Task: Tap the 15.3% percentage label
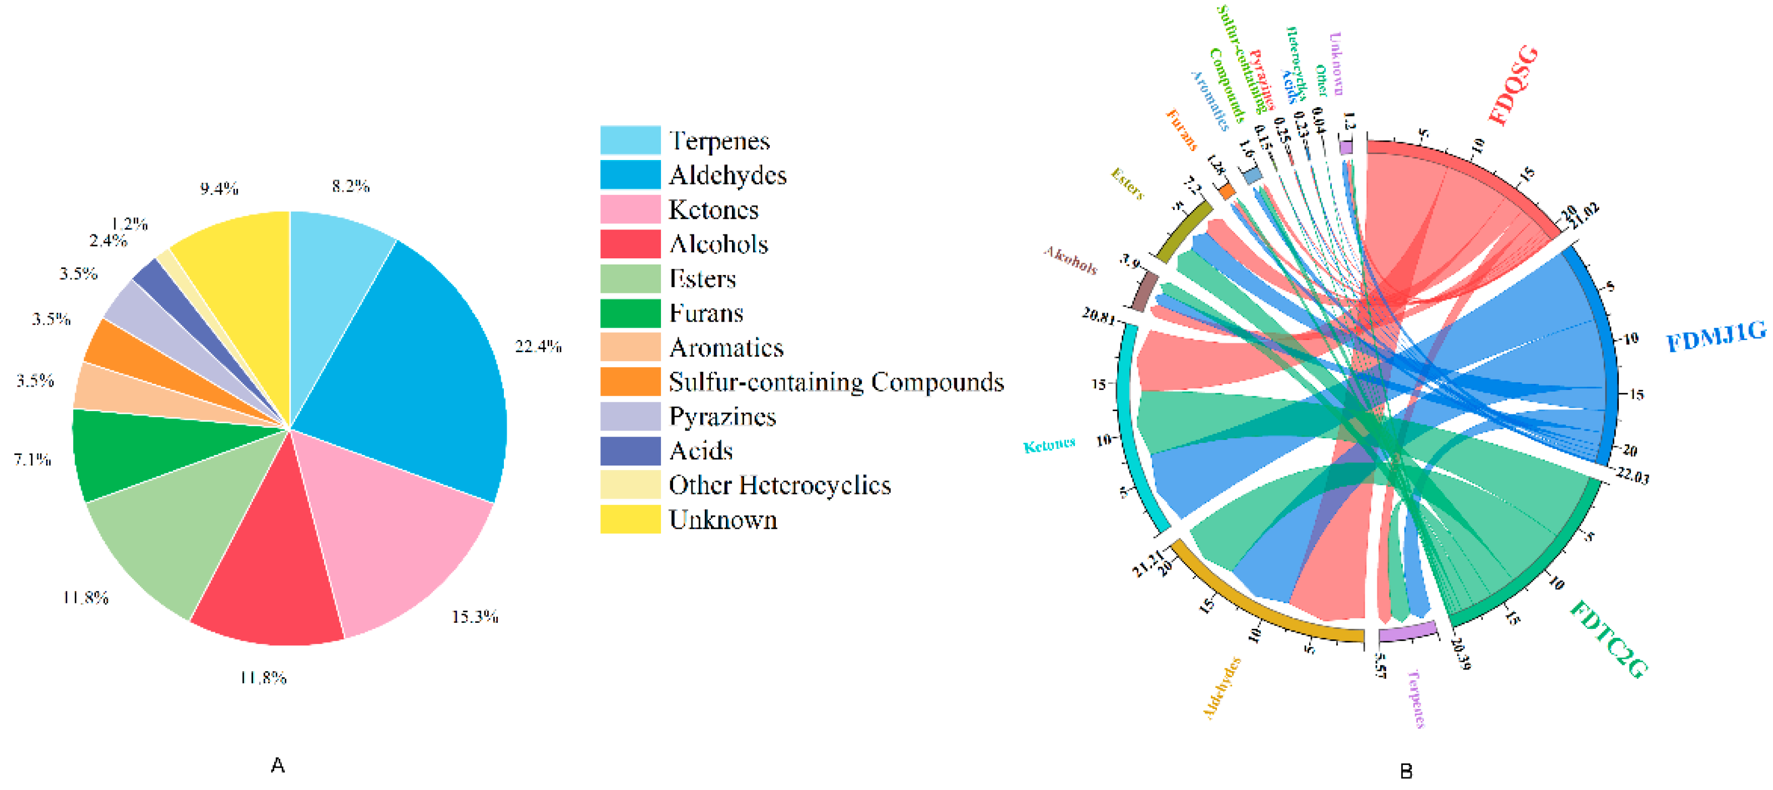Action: [x=474, y=617]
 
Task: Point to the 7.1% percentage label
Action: [x=32, y=459]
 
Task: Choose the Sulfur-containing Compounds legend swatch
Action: [x=630, y=382]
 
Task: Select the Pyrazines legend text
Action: [x=722, y=417]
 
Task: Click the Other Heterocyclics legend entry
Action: [x=779, y=486]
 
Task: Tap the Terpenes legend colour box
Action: [x=630, y=140]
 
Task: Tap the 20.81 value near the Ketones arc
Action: [x=1098, y=316]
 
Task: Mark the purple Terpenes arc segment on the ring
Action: [x=1407, y=632]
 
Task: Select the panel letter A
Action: [x=277, y=765]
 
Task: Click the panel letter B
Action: [x=1406, y=771]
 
